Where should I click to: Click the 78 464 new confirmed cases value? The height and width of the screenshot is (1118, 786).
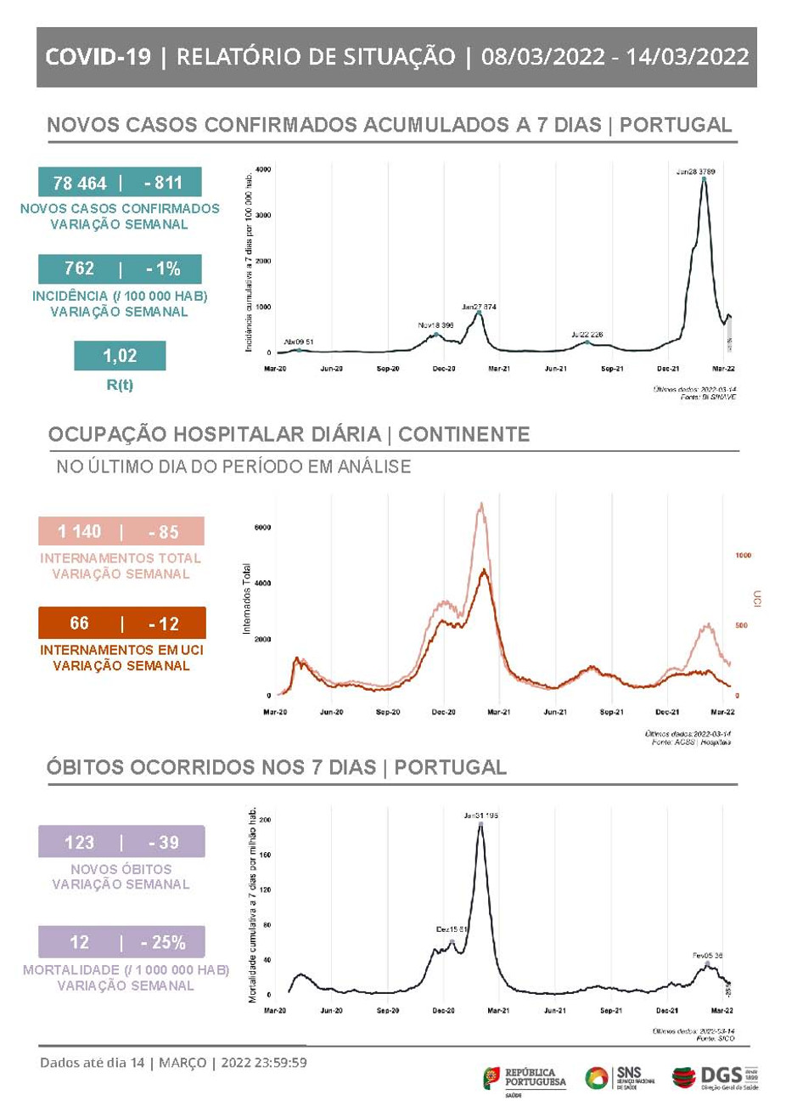coord(80,183)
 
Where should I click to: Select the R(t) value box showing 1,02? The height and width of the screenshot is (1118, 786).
coord(120,356)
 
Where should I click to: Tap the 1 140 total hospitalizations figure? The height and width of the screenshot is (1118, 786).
coord(79,532)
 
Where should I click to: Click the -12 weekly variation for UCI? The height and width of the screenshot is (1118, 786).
coord(164,624)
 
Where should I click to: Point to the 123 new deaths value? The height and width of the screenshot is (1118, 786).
coord(79,843)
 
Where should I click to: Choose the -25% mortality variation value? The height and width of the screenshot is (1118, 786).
coord(164,943)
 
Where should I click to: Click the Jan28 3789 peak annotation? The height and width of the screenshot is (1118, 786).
coord(695,172)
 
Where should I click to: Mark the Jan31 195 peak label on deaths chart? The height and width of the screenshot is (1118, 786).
coord(480,815)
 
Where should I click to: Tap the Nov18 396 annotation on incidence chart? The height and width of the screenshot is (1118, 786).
coord(435,325)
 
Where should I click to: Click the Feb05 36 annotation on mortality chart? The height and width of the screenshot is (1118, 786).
coord(707,956)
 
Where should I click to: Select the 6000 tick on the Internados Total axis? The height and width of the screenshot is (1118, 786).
coord(262,528)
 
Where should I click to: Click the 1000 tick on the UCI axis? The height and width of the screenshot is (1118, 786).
coord(743,556)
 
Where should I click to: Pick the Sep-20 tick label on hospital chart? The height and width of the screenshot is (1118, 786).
coord(387,712)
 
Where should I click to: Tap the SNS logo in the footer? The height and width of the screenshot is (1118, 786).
coord(620,1077)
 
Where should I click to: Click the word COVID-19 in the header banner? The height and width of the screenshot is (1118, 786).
coord(98,57)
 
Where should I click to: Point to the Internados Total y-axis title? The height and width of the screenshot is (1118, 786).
coord(247,599)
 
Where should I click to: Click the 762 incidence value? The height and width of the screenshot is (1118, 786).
coord(80,268)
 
